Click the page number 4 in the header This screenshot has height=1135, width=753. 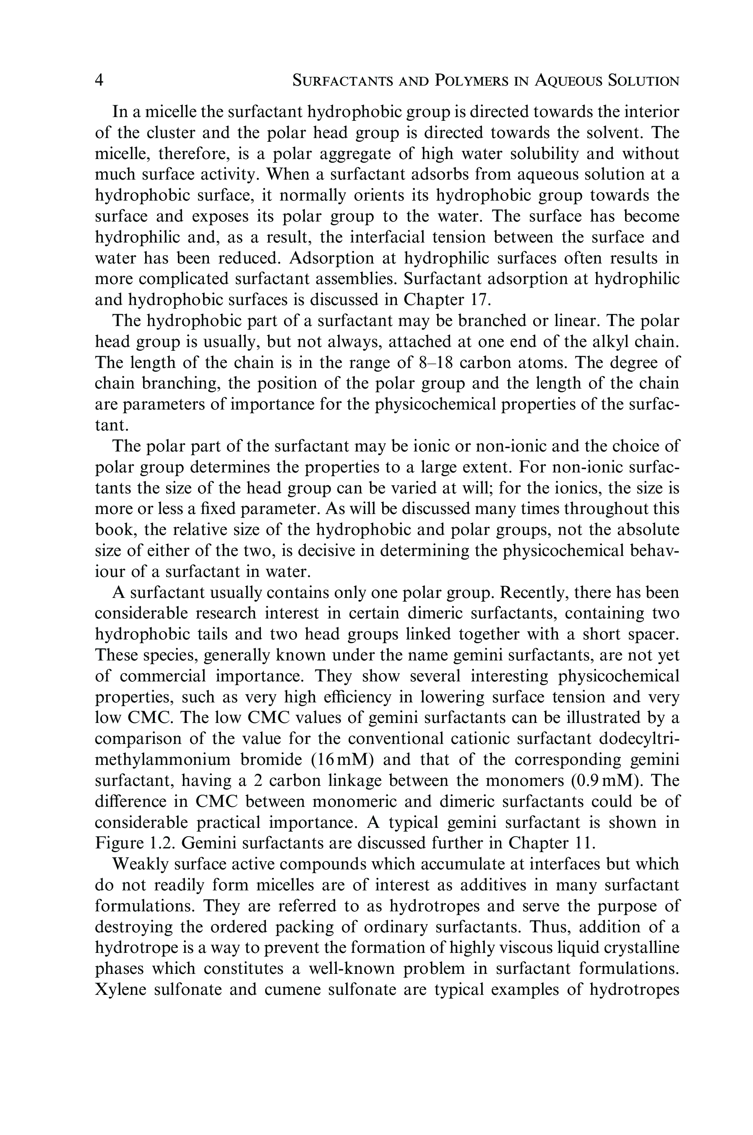coord(99,80)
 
